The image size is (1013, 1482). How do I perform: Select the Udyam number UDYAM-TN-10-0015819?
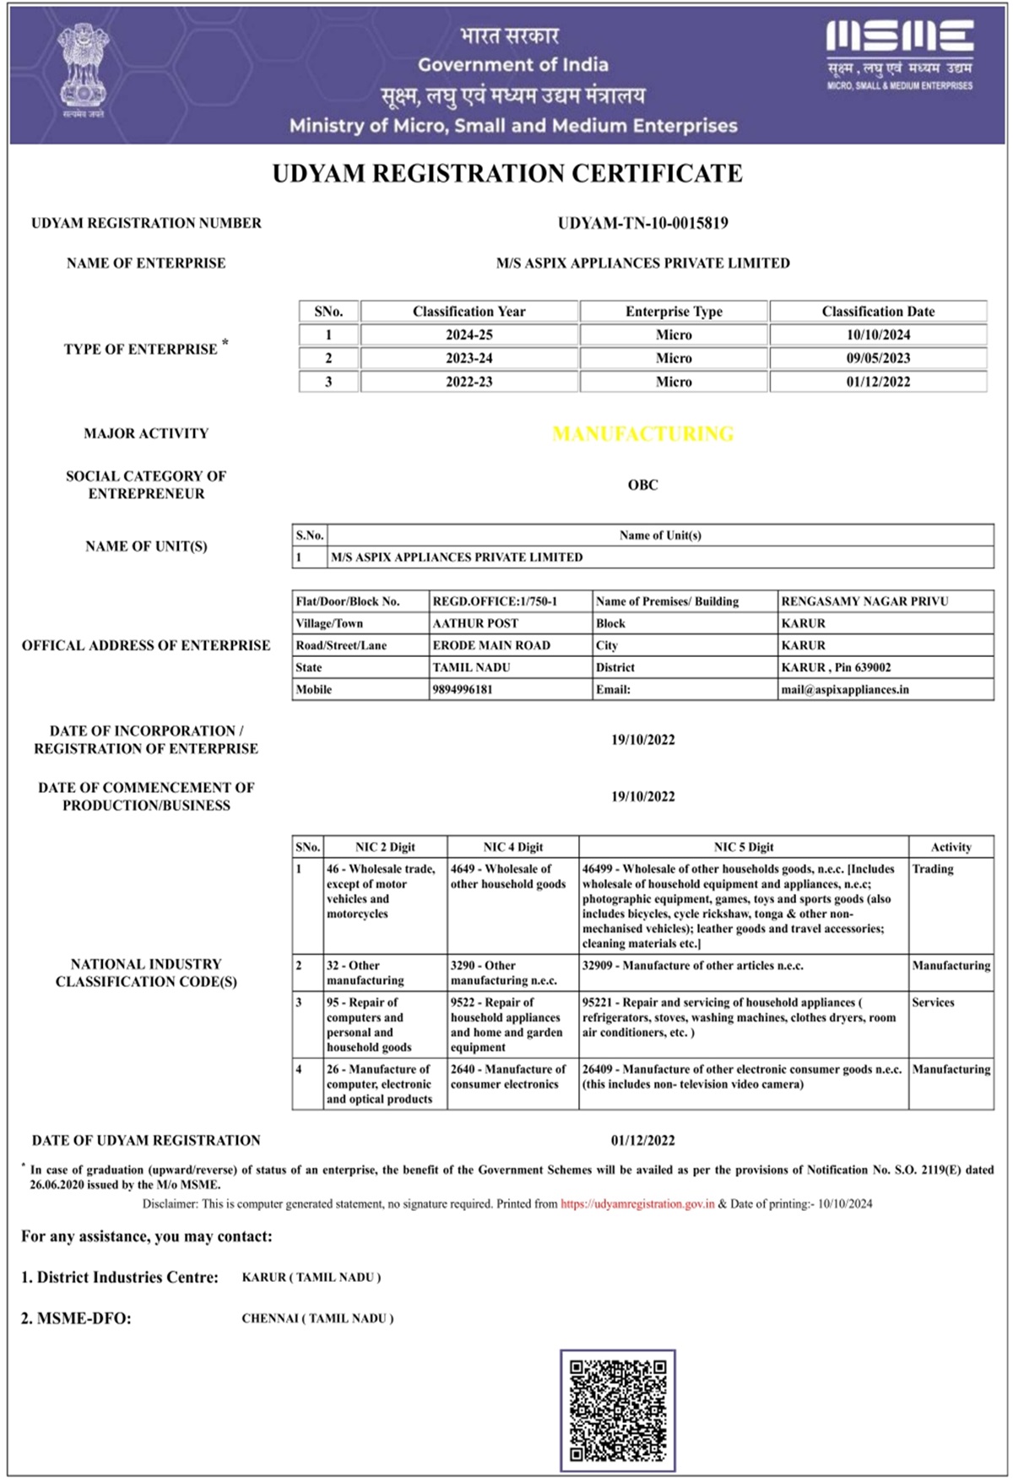(x=642, y=223)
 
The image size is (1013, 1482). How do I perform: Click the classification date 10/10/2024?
(x=878, y=335)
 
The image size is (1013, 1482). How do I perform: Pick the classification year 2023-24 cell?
(x=469, y=358)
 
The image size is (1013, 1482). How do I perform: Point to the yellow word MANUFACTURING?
(x=642, y=434)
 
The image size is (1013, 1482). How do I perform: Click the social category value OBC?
(x=642, y=485)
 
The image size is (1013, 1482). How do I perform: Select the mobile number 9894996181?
(x=463, y=689)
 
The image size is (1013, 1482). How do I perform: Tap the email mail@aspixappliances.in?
(x=845, y=689)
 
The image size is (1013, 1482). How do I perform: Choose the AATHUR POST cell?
(x=475, y=623)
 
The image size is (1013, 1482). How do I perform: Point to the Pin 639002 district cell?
(x=836, y=667)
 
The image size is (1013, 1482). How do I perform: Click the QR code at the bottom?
(x=617, y=1409)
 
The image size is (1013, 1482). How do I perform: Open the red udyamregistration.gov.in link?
(x=637, y=1203)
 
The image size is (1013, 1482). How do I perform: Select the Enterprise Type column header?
(x=674, y=312)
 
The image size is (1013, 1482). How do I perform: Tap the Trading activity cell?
(x=933, y=869)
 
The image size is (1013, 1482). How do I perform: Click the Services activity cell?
(x=933, y=1002)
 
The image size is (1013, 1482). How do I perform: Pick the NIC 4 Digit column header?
(x=512, y=847)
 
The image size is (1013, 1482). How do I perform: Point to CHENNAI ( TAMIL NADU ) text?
(x=317, y=1318)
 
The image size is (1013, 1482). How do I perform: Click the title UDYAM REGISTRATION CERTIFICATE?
(x=507, y=174)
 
